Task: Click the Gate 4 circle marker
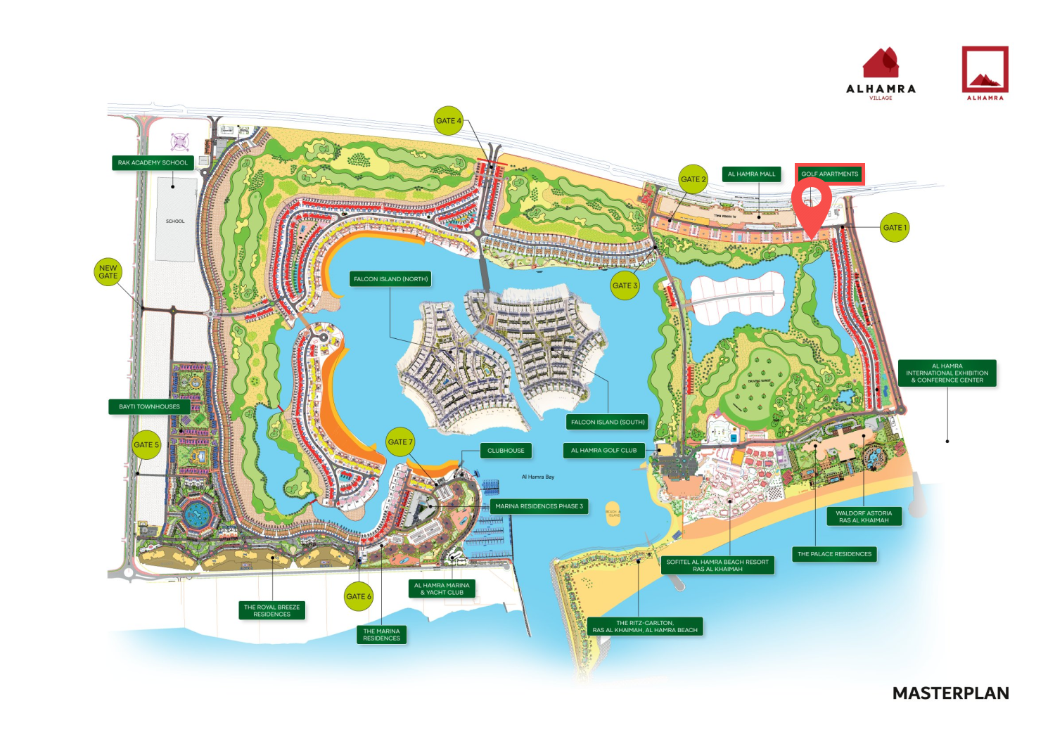pyautogui.click(x=449, y=121)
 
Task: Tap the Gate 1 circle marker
pyautogui.click(x=895, y=228)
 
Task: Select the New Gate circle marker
pyautogui.click(x=108, y=272)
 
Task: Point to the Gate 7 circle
pyautogui.click(x=400, y=442)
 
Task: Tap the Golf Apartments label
pyautogui.click(x=829, y=174)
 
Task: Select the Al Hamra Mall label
pyautogui.click(x=751, y=174)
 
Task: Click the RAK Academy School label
pyautogui.click(x=153, y=162)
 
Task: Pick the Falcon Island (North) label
pyautogui.click(x=390, y=279)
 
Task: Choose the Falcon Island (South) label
pyautogui.click(x=608, y=422)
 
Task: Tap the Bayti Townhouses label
pyautogui.click(x=149, y=406)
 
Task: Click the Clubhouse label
pyautogui.click(x=506, y=451)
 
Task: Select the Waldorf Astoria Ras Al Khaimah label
pyautogui.click(x=864, y=517)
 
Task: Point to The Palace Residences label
pyautogui.click(x=834, y=554)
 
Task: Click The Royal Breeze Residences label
pyautogui.click(x=271, y=610)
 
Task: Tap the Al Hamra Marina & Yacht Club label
pyautogui.click(x=442, y=589)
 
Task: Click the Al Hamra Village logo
pyautogui.click(x=881, y=73)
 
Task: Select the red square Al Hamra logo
pyautogui.click(x=985, y=72)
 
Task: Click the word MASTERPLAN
pyautogui.click(x=950, y=693)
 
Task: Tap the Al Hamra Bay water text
pyautogui.click(x=538, y=477)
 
